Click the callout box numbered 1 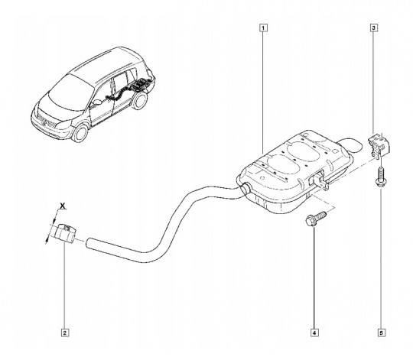tap(263, 28)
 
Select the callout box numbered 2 tap(65, 332)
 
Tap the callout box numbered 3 tap(374, 28)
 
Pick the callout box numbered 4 tap(314, 332)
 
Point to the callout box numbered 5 tap(382, 332)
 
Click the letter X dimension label tap(63, 206)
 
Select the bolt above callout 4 tap(316, 218)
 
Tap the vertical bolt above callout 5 tap(380, 177)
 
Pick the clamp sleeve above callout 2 tap(64, 232)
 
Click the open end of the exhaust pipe tap(88, 242)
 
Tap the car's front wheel tap(80, 133)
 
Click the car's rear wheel tap(139, 101)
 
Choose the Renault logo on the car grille tap(44, 122)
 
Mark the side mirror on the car tap(97, 102)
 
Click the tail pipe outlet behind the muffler tap(351, 145)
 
